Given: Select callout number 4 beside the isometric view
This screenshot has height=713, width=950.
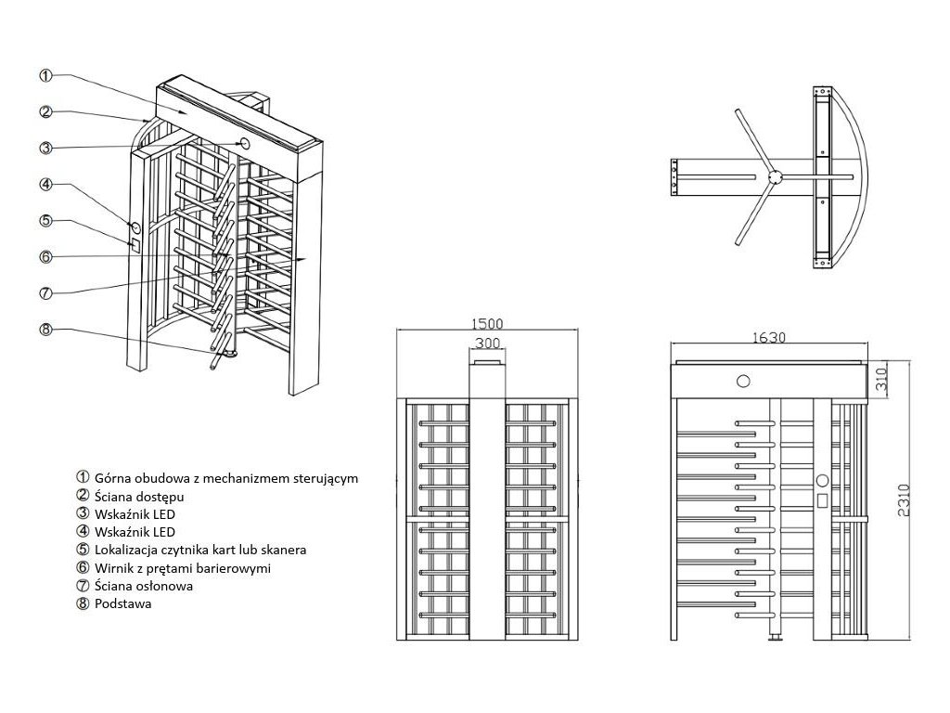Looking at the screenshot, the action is pyautogui.click(x=45, y=184).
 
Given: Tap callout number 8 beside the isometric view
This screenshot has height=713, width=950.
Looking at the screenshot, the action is pyautogui.click(x=45, y=329).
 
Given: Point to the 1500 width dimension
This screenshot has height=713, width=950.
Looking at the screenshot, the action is pyautogui.click(x=486, y=324).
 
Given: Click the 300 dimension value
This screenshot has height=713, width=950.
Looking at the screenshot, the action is pyautogui.click(x=486, y=344).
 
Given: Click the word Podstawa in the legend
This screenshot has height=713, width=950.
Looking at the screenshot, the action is pyautogui.click(x=122, y=603).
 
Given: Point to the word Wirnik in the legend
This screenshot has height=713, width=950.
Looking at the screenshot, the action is pyautogui.click(x=113, y=567).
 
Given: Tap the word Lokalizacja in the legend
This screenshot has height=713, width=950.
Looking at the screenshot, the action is pyautogui.click(x=127, y=550).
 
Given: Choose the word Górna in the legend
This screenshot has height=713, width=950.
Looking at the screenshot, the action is pyautogui.click(x=113, y=478).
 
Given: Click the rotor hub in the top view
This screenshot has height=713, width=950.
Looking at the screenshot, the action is pyautogui.click(x=776, y=175).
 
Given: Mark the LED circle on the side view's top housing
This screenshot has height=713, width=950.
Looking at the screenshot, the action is pyautogui.click(x=743, y=380).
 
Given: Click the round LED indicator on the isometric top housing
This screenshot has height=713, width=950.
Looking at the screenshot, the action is pyautogui.click(x=246, y=143).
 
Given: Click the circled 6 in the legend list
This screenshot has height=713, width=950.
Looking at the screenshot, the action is pyautogui.click(x=82, y=567).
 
